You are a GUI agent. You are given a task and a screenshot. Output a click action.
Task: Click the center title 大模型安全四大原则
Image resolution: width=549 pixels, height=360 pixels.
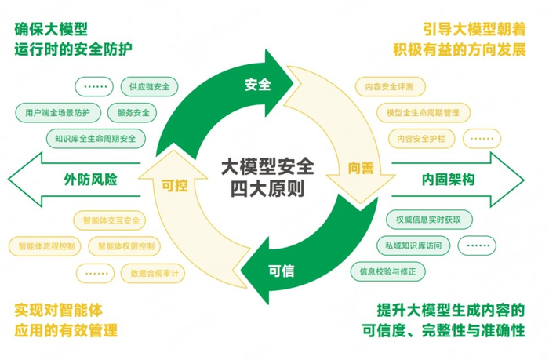[x=267, y=178]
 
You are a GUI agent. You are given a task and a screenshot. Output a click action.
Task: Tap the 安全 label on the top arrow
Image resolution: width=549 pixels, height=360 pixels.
[x=257, y=85]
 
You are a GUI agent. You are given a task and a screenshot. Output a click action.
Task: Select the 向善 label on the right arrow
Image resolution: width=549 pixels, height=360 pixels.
[x=361, y=168]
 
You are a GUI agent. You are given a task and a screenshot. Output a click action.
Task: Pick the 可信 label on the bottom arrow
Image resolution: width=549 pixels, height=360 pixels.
[x=281, y=271]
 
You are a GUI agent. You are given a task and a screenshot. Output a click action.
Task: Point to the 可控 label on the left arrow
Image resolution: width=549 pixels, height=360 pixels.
[x=173, y=187]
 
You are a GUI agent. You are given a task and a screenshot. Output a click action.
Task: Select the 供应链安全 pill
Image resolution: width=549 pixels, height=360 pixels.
[x=151, y=86]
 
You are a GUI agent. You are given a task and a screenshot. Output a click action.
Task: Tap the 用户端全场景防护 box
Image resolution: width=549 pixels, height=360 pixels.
[x=57, y=113]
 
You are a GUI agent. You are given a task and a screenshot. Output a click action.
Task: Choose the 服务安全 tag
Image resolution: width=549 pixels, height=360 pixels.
[x=129, y=113]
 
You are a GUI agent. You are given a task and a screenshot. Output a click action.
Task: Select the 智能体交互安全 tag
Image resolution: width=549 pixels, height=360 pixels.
[x=111, y=220]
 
